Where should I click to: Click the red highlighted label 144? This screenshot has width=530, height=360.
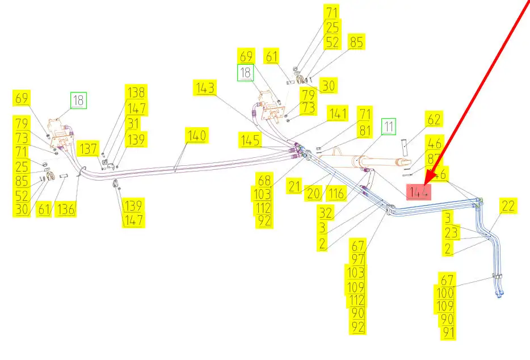(418, 192)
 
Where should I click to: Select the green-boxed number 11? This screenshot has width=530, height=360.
(388, 127)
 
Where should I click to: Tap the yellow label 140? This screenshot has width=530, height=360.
(196, 136)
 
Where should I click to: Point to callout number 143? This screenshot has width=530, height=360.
(205, 88)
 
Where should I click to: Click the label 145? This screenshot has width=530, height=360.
(250, 140)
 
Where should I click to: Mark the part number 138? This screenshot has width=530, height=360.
(136, 93)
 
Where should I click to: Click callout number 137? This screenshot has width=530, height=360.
(89, 149)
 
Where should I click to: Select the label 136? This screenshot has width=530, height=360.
(66, 208)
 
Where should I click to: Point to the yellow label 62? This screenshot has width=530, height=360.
(434, 120)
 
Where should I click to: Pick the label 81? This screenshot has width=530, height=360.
(364, 130)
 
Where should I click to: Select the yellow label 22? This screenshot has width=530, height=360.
(508, 206)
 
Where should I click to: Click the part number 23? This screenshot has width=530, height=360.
(451, 233)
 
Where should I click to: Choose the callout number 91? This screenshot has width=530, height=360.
(448, 333)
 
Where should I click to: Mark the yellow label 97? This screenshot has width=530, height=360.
(358, 259)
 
